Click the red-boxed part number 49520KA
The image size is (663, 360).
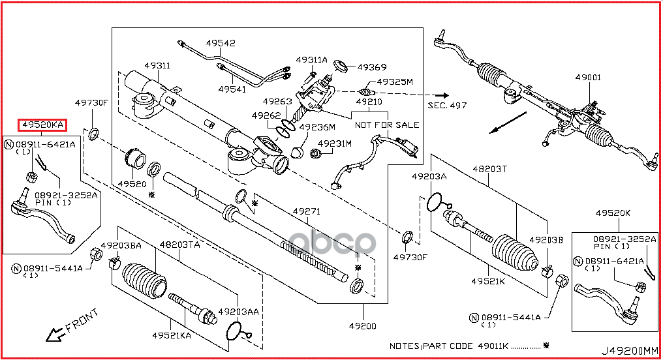[42, 125]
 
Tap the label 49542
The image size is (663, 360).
[221, 43]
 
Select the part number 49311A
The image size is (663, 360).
[312, 60]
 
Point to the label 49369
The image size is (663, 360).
[372, 67]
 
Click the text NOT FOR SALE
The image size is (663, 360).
[387, 125]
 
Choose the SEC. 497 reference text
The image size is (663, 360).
[448, 105]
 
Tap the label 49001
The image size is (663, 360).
[588, 78]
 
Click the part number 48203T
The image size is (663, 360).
[489, 169]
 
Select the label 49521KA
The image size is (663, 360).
[172, 335]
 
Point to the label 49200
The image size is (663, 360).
[362, 326]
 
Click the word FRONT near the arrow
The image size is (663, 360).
[82, 320]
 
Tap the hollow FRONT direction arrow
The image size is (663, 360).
[55, 335]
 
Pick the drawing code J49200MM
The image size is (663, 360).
[630, 351]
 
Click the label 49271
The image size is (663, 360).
[307, 211]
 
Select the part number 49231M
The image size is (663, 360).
[335, 143]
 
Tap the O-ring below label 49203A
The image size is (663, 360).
[434, 202]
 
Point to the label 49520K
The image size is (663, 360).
[613, 213]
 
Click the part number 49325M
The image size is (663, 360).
[395, 82]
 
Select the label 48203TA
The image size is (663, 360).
[179, 245]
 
